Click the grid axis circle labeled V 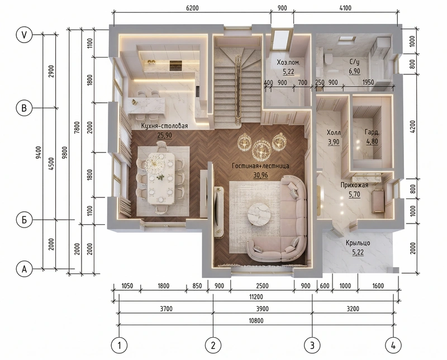tap(24, 35)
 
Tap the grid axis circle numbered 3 tap(312, 345)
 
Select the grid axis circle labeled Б tap(24, 220)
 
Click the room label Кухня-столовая tap(164, 126)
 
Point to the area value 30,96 tap(260, 175)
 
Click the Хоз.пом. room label tap(288, 63)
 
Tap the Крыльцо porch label tap(358, 243)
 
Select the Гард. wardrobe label tap(372, 132)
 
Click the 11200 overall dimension tap(256, 297)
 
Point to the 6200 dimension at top tap(192, 8)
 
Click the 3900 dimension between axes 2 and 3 tap(262, 309)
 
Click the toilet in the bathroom tap(328, 59)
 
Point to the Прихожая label tap(354, 185)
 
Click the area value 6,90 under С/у tap(354, 71)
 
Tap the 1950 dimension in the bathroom tap(368, 82)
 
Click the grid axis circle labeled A tap(24, 269)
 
